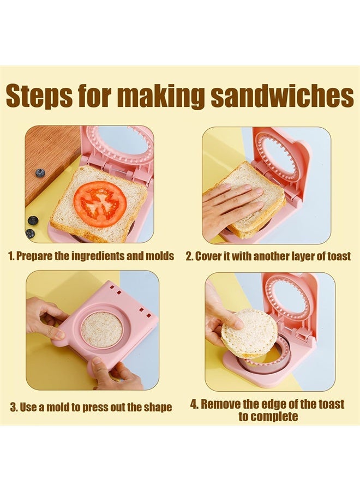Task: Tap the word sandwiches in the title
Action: [282, 96]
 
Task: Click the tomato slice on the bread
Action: [100, 204]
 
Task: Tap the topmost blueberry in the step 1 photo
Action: [40, 173]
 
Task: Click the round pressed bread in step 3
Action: [102, 330]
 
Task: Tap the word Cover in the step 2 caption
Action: [208, 256]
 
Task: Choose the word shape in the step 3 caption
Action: [157, 407]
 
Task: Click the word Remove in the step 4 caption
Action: [220, 404]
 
